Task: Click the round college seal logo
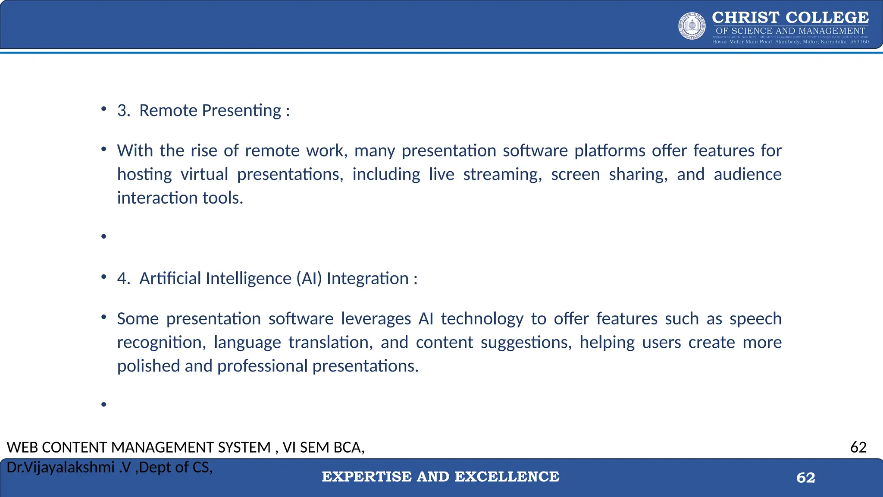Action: (x=692, y=26)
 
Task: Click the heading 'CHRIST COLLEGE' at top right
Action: (x=790, y=18)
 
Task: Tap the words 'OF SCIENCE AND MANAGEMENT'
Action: (x=790, y=31)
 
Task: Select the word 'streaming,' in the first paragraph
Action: (x=502, y=174)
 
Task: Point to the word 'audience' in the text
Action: (x=747, y=174)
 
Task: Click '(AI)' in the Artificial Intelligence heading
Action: (x=309, y=279)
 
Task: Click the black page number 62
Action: (x=858, y=447)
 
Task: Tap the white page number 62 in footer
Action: (x=805, y=478)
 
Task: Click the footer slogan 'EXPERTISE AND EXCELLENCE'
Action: (x=440, y=477)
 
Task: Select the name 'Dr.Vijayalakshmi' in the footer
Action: (x=60, y=467)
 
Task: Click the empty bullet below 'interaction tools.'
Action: (x=103, y=236)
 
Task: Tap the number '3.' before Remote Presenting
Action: (x=123, y=110)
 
